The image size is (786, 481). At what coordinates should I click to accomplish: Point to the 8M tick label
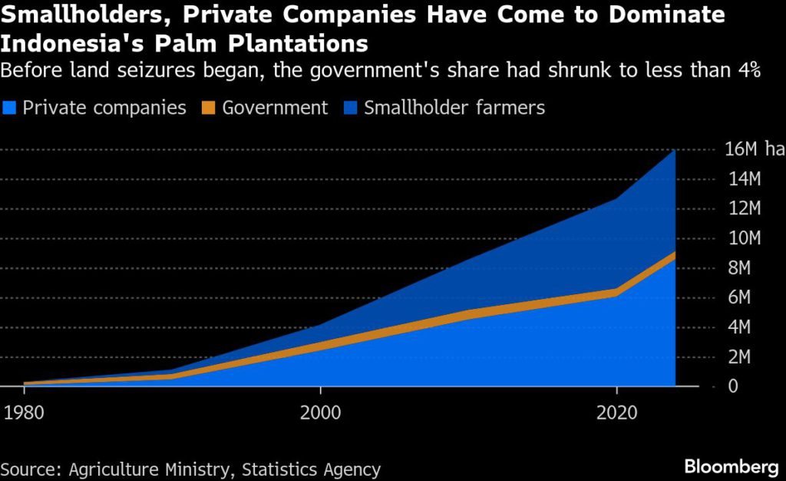743,268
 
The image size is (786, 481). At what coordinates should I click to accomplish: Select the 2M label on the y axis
743,357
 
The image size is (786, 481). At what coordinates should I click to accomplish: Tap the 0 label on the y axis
732,386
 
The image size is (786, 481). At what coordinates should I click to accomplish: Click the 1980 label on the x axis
24,412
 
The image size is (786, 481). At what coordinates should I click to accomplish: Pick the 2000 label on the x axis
320,412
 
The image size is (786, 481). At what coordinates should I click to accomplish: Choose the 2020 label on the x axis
616,412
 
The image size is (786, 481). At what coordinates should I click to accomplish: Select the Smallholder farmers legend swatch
351,108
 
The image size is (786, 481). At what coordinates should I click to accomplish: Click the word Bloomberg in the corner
732,467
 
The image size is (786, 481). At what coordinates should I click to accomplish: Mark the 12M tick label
743,209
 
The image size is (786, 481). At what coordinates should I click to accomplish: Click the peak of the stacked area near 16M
675,151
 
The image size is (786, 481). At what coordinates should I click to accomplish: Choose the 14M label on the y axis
743,180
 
